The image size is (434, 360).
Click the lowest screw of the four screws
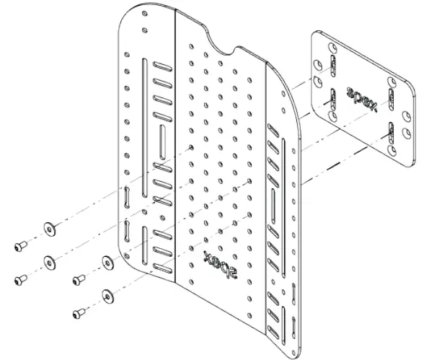click(79, 313)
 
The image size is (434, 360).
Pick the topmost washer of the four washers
click(50, 229)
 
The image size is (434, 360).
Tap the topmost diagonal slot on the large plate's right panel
click(273, 129)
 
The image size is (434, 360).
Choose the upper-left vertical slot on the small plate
click(333, 64)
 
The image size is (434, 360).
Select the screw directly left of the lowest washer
click(79, 313)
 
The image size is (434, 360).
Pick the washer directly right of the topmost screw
click(50, 229)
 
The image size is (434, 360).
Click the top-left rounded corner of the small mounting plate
click(315, 35)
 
